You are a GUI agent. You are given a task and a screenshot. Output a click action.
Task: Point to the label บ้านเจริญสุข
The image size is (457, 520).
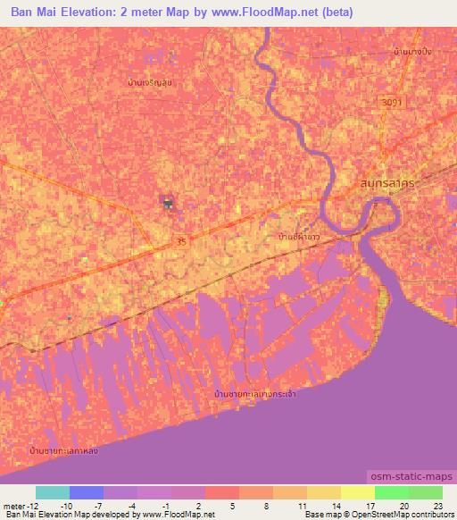click(x=149, y=84)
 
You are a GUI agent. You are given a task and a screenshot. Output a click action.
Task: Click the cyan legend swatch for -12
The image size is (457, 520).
click(x=52, y=492)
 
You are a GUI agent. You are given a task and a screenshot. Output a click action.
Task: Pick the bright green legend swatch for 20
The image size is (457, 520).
click(x=391, y=492)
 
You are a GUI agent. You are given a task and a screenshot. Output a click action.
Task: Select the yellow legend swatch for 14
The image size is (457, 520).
click(x=323, y=492)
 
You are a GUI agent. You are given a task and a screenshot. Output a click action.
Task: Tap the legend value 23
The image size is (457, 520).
click(x=437, y=506)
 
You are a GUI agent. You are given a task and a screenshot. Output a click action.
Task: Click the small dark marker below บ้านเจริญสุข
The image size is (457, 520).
click(x=167, y=204)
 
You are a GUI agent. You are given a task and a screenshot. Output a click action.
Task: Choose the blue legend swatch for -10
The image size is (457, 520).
click(x=86, y=492)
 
